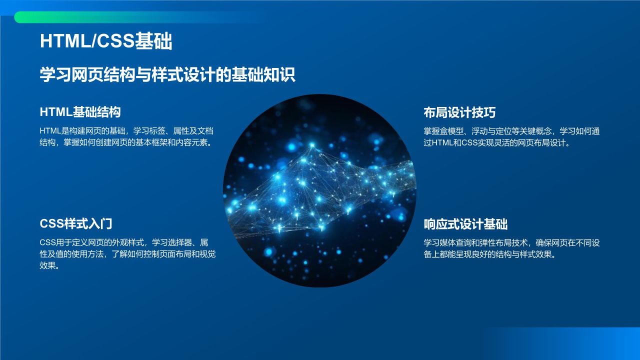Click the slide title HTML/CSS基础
click(x=106, y=42)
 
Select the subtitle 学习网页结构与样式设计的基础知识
click(x=167, y=75)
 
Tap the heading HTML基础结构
click(x=80, y=112)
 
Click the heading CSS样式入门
click(x=76, y=223)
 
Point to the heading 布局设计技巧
click(x=459, y=112)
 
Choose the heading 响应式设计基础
click(x=465, y=224)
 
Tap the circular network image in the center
click(x=319, y=190)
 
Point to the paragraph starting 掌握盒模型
click(x=511, y=137)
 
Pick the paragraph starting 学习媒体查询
click(x=511, y=248)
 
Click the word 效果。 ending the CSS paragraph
click(x=50, y=266)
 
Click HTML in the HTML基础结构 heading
click(x=56, y=112)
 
